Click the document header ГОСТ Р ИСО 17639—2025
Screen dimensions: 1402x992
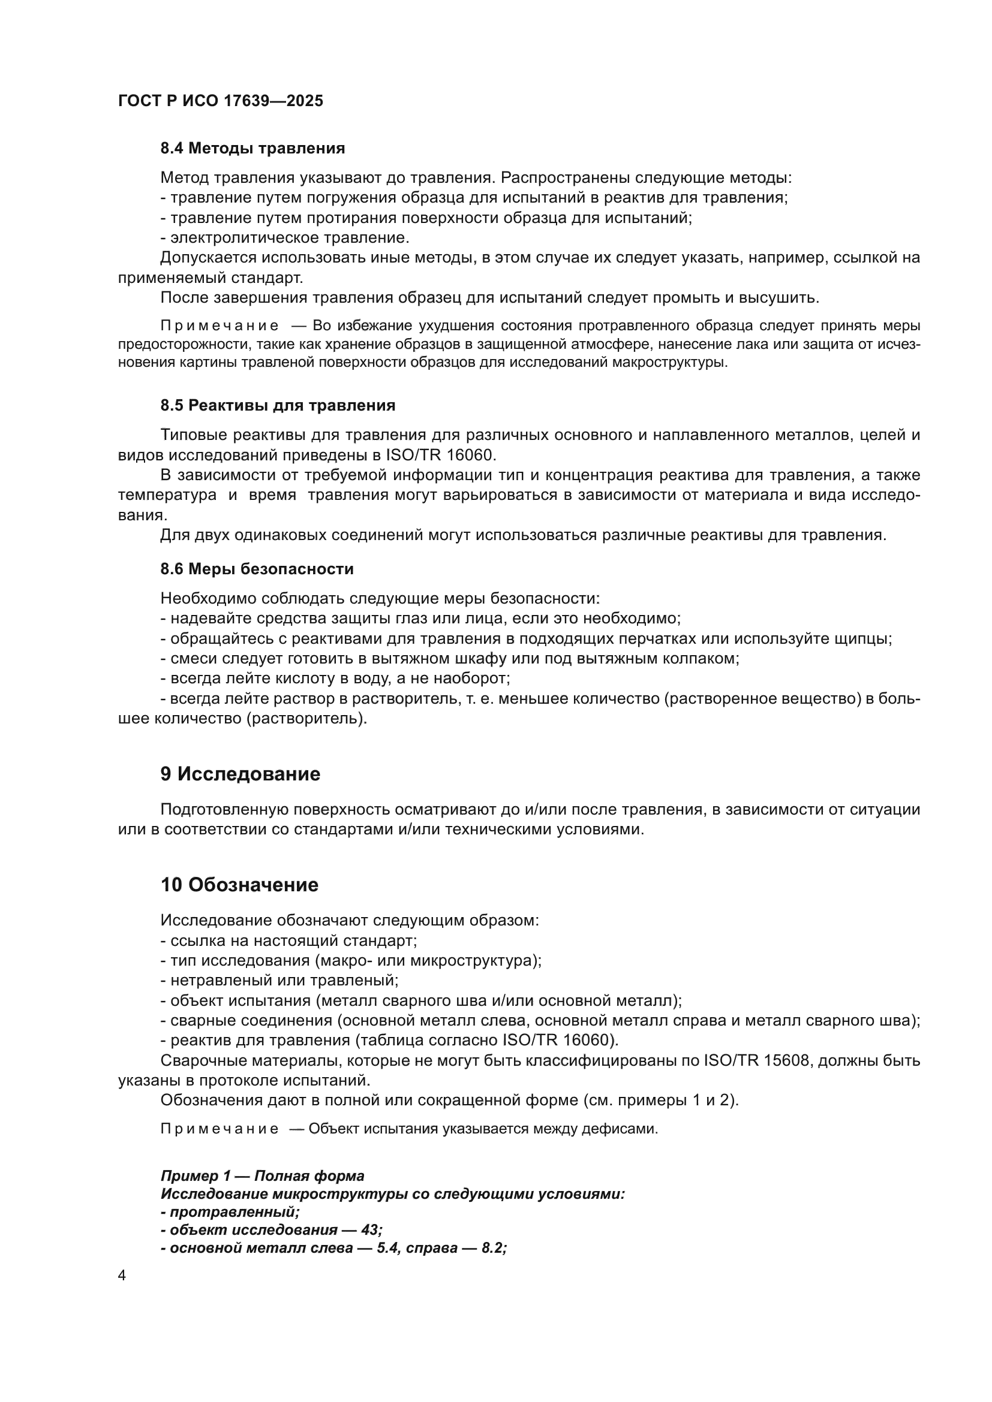221,101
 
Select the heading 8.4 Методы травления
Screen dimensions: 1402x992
252,149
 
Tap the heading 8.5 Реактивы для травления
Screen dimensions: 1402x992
277,405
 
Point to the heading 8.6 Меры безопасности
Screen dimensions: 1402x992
257,569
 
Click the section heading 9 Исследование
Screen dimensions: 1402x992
240,774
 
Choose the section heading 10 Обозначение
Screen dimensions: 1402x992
239,885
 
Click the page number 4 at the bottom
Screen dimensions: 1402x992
122,1276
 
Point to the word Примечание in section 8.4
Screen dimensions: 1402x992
220,326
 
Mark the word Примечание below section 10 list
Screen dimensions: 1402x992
220,1129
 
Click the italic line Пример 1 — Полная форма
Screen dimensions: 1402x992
262,1175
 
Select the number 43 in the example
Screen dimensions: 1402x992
370,1230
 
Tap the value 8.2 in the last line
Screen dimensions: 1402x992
492,1248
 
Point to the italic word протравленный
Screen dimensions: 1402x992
235,1212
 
